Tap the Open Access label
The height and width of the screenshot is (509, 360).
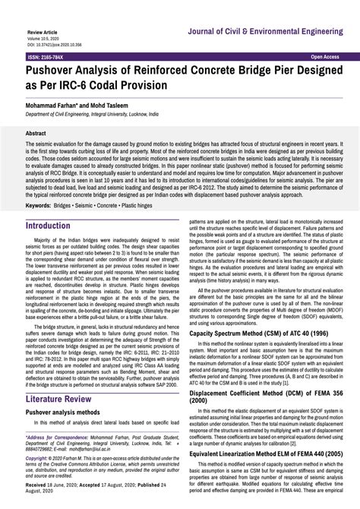point(324,57)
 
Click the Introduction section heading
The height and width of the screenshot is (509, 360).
point(58,226)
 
